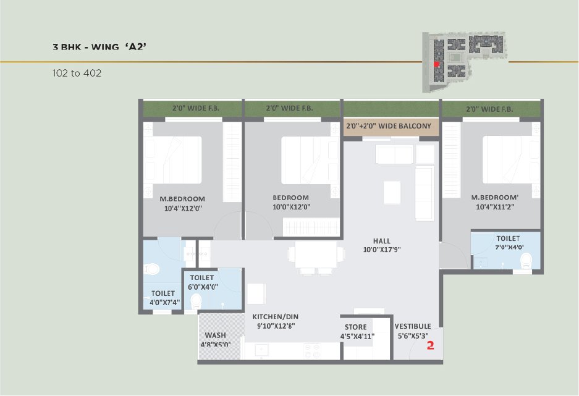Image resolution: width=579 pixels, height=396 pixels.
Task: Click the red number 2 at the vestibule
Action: pos(430,346)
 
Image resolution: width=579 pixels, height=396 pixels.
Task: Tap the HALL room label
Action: pos(381,240)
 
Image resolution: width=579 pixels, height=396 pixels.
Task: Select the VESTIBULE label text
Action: pos(412,326)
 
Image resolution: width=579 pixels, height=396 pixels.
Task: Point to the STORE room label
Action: pos(355,327)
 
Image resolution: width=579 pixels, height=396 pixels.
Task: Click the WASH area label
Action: pos(215,335)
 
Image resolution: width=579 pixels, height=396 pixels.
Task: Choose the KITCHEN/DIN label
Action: pos(276,316)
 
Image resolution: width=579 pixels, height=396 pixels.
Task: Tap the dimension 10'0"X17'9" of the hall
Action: pos(382,250)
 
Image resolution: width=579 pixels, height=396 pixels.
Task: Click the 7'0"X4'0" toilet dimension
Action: pos(510,247)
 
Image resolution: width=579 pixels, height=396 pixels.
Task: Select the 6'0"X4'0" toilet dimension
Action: pos(203,287)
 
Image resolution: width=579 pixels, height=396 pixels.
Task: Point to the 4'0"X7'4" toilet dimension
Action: pos(165,303)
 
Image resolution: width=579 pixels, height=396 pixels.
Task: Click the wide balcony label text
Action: pos(389,126)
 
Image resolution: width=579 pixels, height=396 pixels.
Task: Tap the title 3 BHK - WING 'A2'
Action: pos(99,47)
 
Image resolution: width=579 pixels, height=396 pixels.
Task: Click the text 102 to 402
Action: pos(77,73)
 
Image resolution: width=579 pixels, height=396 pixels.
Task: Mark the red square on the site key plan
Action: pos(436,64)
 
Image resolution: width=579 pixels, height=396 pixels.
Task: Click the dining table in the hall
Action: pos(316,255)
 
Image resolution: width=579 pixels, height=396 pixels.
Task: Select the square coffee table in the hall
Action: pos(392,192)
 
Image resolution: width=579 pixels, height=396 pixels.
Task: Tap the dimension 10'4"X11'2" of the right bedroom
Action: pos(495,207)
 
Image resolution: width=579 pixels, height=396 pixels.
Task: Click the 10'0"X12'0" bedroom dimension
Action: pos(291,207)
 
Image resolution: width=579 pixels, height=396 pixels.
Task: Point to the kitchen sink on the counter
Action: pos(262,351)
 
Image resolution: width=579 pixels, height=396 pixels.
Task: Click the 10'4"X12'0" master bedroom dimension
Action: pos(183,209)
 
